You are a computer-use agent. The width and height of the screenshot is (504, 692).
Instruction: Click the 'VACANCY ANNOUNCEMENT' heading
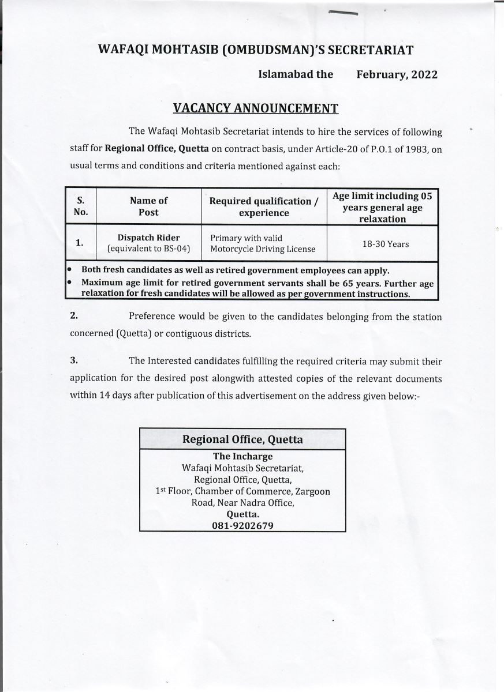[x=255, y=108]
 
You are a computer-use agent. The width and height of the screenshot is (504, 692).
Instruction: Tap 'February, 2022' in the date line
[x=397, y=74]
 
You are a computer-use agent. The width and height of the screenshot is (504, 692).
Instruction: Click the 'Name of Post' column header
[x=148, y=206]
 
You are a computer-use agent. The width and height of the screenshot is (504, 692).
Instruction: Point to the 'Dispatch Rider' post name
[x=148, y=238]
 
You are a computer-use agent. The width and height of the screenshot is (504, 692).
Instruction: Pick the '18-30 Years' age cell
[x=385, y=244]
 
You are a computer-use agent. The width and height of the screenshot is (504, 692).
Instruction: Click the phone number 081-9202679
[x=242, y=525]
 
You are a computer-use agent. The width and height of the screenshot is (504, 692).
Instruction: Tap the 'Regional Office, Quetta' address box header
[x=242, y=439]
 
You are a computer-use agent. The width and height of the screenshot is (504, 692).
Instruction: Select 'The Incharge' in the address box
[x=242, y=457]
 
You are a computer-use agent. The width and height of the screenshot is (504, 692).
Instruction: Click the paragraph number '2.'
[x=74, y=317]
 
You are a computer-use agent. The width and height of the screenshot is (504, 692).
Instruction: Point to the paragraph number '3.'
[x=74, y=361]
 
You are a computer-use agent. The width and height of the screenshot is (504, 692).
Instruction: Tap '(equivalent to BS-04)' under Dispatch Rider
[x=148, y=249]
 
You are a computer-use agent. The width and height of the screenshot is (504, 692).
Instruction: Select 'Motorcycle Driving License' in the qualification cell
[x=263, y=249]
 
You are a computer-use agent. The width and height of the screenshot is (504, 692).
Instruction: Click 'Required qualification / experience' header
[x=264, y=206]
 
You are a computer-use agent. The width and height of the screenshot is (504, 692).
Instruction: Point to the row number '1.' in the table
[x=80, y=243]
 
